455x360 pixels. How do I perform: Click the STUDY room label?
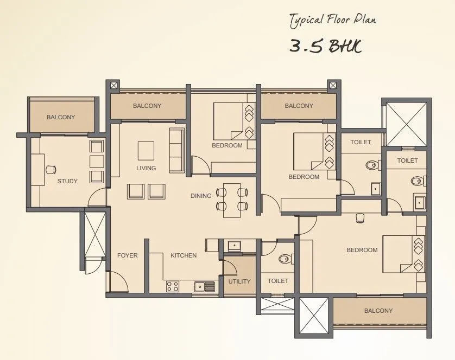click(67, 181)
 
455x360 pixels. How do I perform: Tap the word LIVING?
click(146, 168)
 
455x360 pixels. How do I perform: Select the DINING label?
click(201, 196)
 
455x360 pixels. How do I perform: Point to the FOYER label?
click(128, 255)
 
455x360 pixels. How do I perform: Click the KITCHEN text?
click(184, 255)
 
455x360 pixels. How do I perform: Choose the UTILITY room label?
click(239, 281)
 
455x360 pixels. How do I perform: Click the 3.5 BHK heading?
click(325, 46)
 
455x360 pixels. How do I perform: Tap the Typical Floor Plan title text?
click(332, 21)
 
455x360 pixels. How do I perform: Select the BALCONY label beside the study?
click(61, 117)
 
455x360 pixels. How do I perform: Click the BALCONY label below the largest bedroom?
click(378, 311)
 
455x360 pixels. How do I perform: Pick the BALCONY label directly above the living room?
click(147, 106)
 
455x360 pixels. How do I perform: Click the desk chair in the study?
click(50, 169)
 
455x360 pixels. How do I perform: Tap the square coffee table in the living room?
click(146, 149)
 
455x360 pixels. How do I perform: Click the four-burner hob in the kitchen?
click(173, 285)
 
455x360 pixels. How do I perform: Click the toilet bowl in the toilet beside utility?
click(285, 259)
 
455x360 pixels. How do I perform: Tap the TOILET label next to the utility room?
click(278, 281)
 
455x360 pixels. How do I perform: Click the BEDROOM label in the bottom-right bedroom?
click(362, 250)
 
